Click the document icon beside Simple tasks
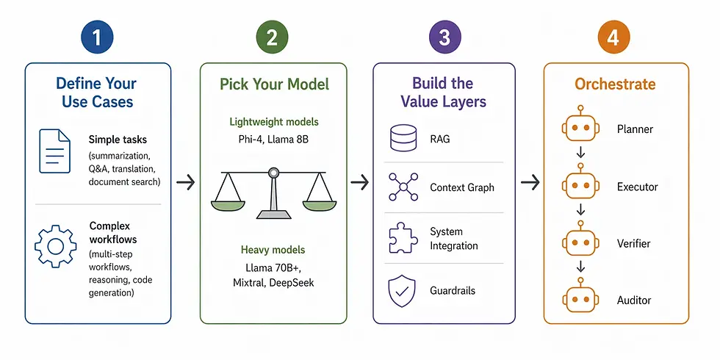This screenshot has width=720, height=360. pyautogui.click(x=54, y=151)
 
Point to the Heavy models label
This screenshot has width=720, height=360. pyautogui.click(x=273, y=251)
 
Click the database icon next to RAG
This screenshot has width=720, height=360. pyautogui.click(x=403, y=138)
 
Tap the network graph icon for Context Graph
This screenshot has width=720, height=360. pyautogui.click(x=403, y=187)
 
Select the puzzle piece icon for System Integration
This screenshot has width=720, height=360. pyautogui.click(x=403, y=238)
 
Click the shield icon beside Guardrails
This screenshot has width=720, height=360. pyautogui.click(x=403, y=290)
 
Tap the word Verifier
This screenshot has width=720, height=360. pyautogui.click(x=633, y=244)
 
